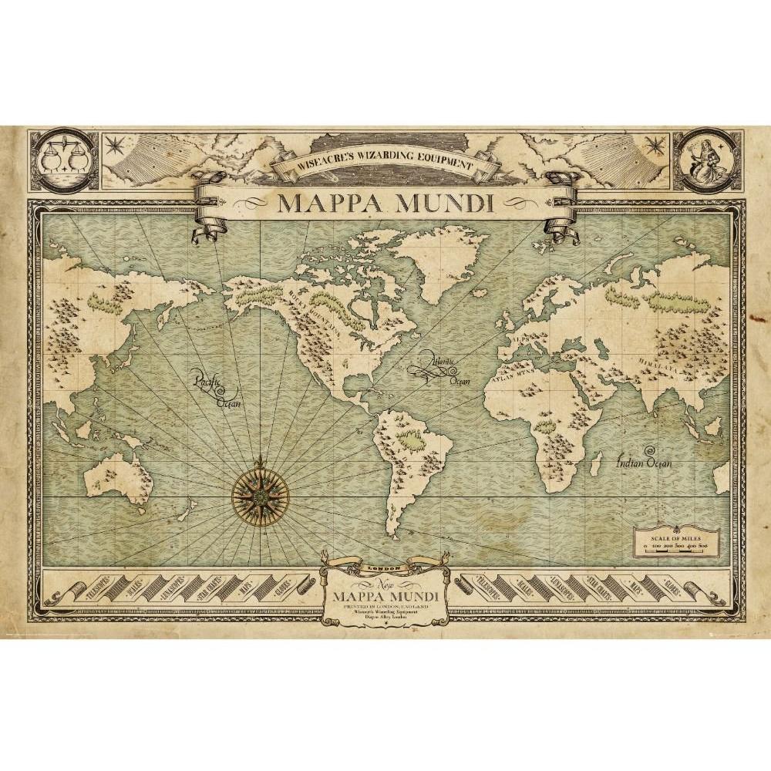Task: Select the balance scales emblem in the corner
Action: coord(65,160)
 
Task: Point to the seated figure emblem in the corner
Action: coord(703,160)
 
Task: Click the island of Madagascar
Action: coord(595,463)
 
